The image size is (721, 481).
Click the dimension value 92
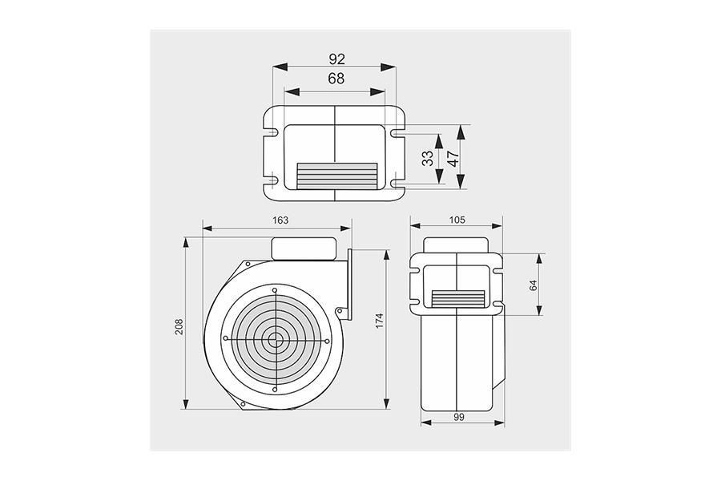[336, 59]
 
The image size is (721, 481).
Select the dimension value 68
[336, 79]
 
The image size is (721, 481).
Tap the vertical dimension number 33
[428, 157]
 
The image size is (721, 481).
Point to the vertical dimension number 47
[453, 157]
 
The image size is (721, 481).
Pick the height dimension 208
[179, 327]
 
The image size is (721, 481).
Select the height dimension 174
[380, 321]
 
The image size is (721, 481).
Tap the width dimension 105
[457, 220]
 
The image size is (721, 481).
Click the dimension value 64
[534, 285]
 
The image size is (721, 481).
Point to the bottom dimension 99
[460, 418]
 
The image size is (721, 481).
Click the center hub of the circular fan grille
[275, 338]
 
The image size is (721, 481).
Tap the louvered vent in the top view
[336, 176]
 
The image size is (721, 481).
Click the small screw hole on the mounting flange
[340, 312]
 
